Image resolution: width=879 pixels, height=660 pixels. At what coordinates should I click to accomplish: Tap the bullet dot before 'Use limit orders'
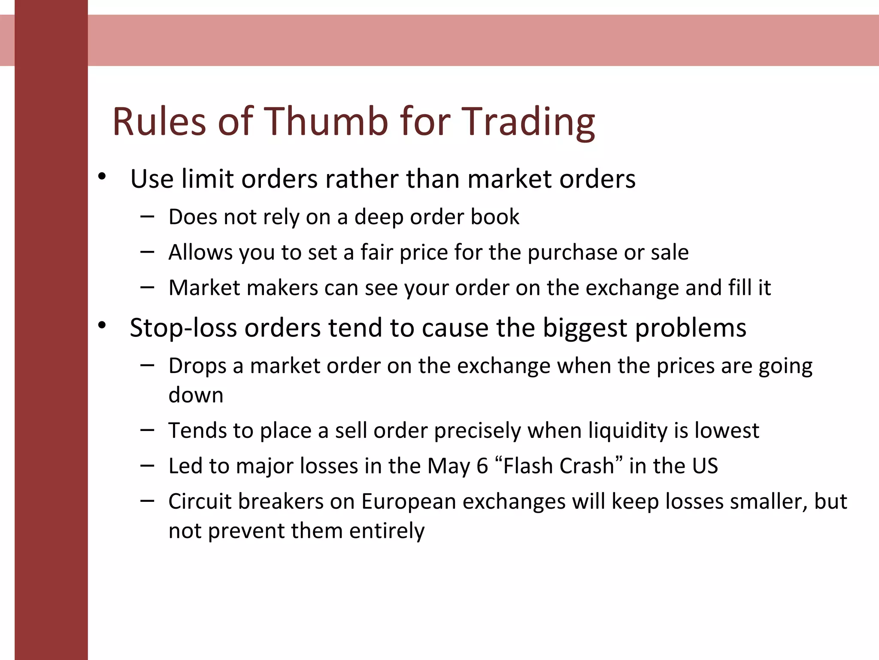(102, 176)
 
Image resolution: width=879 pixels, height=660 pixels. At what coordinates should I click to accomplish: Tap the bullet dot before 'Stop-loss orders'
(102, 325)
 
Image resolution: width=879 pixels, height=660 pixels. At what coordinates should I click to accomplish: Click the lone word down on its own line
(196, 395)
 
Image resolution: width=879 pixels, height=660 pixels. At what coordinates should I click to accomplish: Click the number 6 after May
(482, 466)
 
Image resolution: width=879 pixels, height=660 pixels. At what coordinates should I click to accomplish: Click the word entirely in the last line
(387, 531)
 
